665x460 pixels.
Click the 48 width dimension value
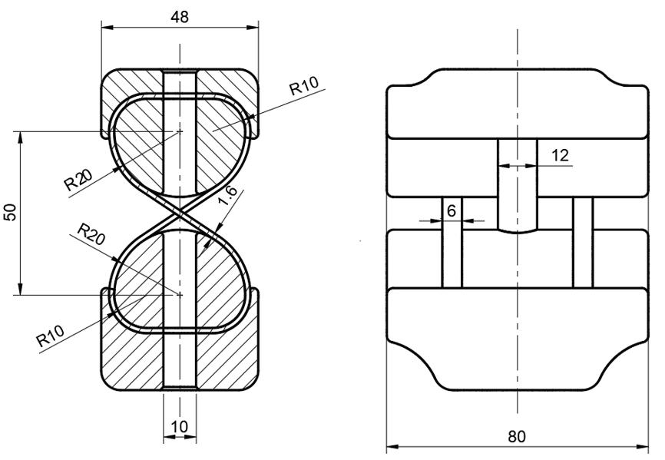click(x=180, y=17)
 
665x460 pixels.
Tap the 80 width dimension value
click(x=517, y=436)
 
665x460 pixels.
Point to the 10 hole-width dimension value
click(x=180, y=425)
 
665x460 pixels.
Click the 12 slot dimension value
click(x=560, y=155)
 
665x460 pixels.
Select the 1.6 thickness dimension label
click(x=227, y=196)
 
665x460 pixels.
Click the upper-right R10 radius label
click(x=305, y=86)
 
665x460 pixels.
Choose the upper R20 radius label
click(x=78, y=180)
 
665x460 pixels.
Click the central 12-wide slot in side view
click(x=518, y=184)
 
